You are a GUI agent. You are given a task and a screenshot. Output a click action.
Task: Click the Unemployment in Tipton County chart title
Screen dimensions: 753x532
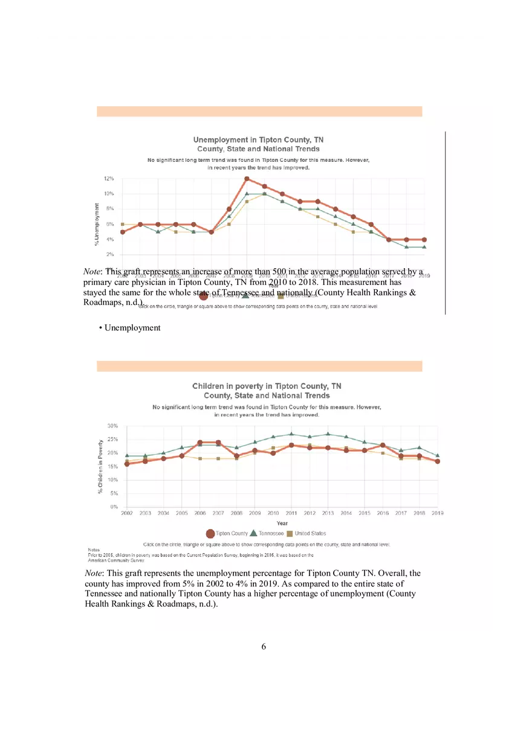tap(258, 139)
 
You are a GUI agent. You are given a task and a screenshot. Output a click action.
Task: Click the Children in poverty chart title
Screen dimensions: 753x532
tap(267, 386)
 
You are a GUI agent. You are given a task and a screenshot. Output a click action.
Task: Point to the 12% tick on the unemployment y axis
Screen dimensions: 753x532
tap(109, 179)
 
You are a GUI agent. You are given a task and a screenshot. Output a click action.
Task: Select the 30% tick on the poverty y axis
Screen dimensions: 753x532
tap(112, 426)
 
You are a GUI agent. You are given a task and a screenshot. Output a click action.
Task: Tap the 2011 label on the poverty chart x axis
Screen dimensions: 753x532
tap(291, 513)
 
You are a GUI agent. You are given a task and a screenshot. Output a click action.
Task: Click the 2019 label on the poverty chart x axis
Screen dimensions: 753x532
tap(437, 513)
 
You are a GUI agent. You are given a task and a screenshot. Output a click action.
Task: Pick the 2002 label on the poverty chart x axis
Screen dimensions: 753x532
tap(127, 513)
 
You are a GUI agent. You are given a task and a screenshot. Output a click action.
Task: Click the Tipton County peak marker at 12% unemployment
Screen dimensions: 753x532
tap(247, 179)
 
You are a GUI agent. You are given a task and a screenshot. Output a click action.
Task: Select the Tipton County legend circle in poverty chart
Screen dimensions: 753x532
tap(210, 533)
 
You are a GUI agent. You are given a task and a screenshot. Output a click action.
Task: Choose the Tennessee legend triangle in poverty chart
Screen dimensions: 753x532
tap(253, 533)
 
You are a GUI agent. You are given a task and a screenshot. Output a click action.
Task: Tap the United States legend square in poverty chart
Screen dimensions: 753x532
tap(290, 533)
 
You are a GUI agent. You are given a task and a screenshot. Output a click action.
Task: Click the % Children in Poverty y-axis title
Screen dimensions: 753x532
tap(100, 466)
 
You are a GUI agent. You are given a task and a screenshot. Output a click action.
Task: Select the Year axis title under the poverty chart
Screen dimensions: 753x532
tap(282, 523)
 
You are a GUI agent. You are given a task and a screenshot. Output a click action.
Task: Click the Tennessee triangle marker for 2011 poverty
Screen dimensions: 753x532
tap(291, 434)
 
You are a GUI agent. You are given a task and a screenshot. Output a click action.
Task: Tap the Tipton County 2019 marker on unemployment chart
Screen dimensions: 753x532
tap(424, 240)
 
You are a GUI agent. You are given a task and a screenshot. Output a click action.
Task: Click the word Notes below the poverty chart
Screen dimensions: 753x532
tap(94, 550)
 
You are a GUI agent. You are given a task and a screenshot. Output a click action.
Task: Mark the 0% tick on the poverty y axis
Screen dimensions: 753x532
tap(114, 507)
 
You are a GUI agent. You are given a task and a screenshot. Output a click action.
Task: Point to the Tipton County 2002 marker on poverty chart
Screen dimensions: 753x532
tap(127, 464)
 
